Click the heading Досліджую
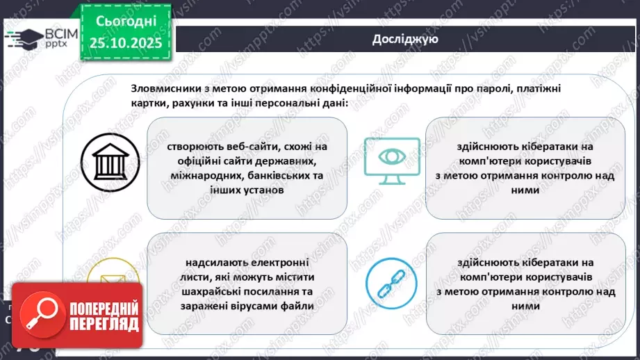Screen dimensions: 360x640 coord(404,39)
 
